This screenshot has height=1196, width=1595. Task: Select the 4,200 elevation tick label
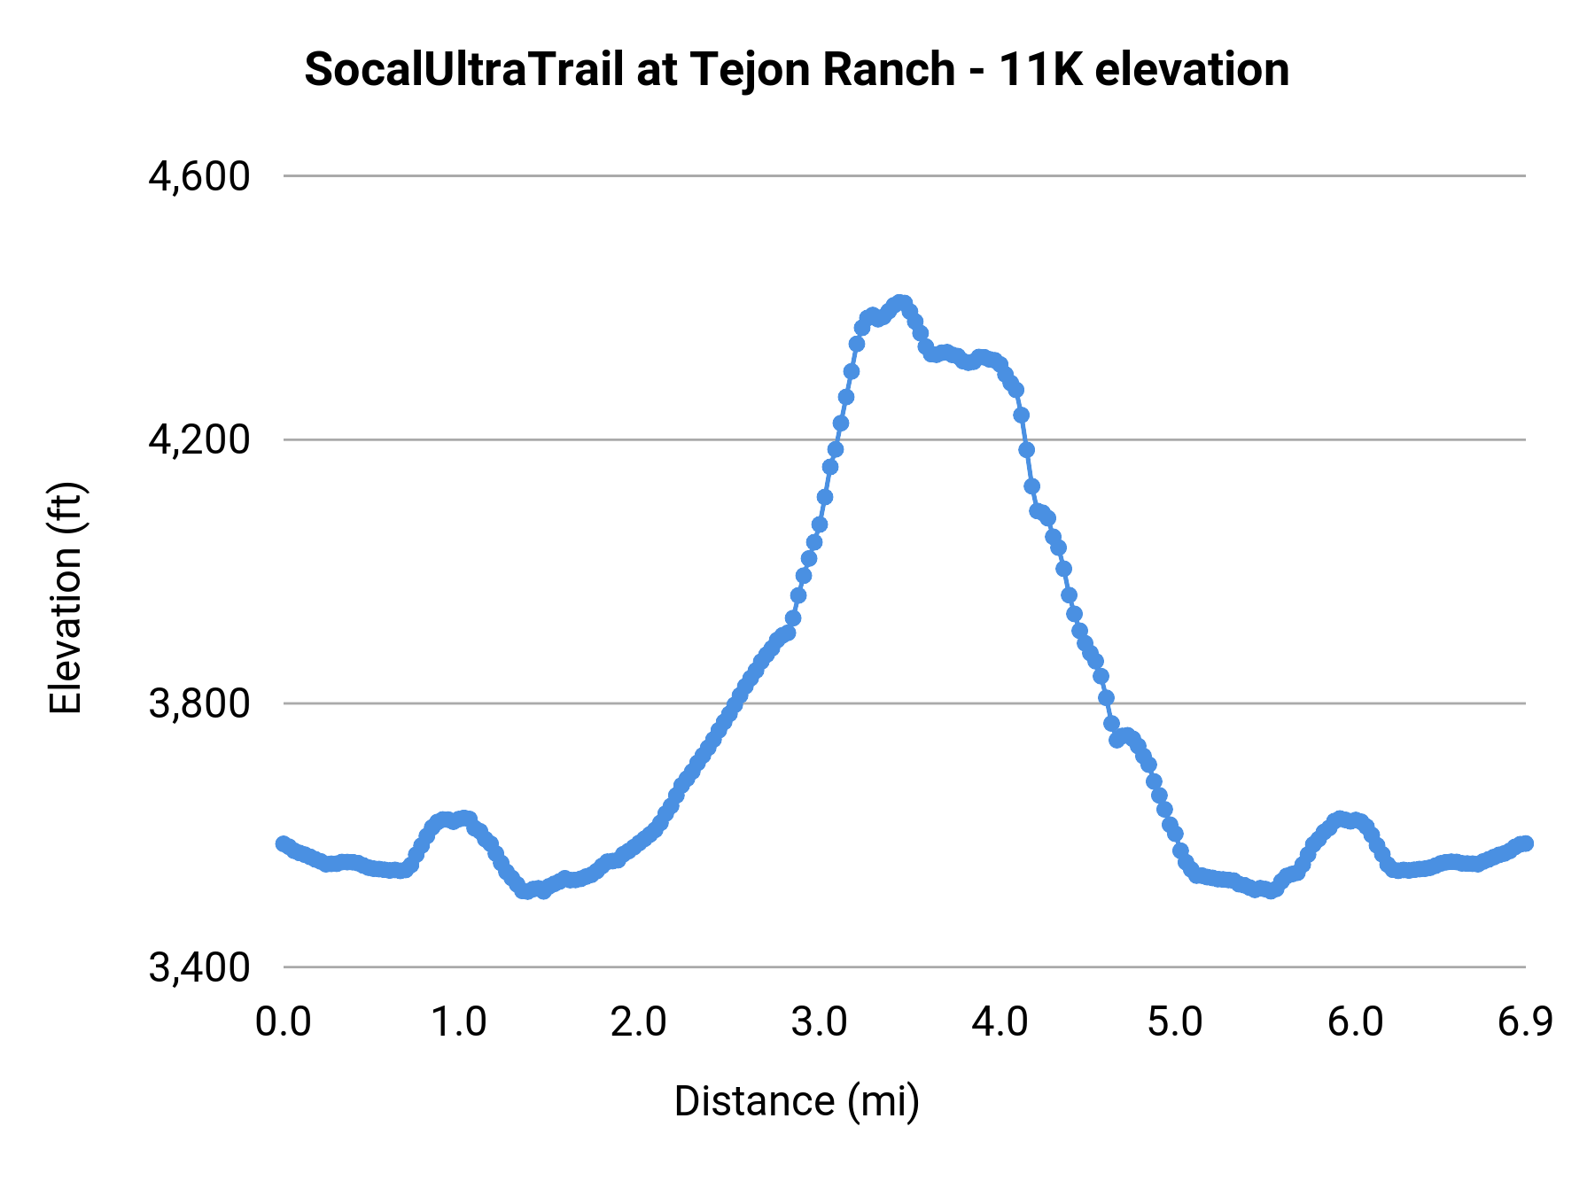click(x=199, y=440)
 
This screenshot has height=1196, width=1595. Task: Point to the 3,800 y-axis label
click(x=199, y=704)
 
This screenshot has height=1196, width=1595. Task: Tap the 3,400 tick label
click(x=199, y=968)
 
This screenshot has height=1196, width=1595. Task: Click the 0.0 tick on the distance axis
click(x=283, y=1022)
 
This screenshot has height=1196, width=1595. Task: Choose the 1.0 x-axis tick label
click(x=459, y=1022)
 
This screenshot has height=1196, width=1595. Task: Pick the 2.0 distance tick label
click(x=638, y=1022)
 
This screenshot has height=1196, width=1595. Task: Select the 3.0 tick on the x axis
click(x=819, y=1022)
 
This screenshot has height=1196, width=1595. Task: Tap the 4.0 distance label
click(x=999, y=1022)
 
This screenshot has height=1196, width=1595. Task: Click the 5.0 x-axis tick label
click(x=1175, y=1022)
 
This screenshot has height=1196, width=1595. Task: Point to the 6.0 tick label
click(x=1355, y=1022)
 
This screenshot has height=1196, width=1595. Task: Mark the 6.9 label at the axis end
click(x=1525, y=1022)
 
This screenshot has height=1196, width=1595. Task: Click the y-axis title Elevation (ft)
click(x=66, y=598)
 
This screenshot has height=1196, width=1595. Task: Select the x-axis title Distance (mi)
click(x=797, y=1102)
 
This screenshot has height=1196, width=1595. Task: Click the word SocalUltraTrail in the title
click(x=463, y=70)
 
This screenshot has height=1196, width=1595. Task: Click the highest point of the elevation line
click(x=901, y=303)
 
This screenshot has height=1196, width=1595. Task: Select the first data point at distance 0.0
click(x=284, y=843)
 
